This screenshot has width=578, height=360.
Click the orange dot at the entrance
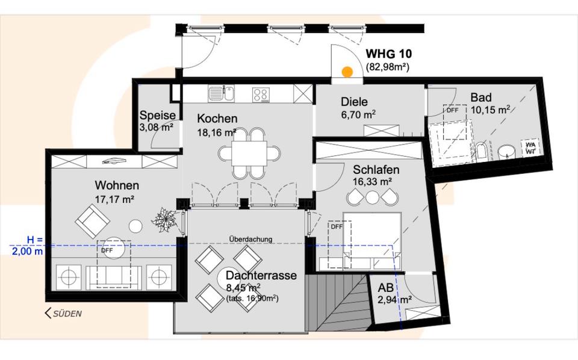[x=347, y=72]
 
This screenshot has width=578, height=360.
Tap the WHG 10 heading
[x=389, y=54]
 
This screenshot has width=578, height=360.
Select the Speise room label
[x=157, y=115]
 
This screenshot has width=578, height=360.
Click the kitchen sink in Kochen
[x=223, y=93]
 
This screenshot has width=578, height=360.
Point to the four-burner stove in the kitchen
[x=261, y=94]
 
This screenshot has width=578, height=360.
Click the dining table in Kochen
[x=250, y=154]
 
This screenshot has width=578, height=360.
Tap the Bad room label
[x=481, y=98]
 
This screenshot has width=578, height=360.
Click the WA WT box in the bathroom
[x=530, y=148]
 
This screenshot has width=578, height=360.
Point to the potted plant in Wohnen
[x=164, y=220]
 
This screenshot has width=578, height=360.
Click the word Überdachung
[x=250, y=239]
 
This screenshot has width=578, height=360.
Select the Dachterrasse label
[x=261, y=275]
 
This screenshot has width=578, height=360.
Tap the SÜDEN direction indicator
[x=63, y=313]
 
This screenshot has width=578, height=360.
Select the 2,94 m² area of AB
[x=395, y=299]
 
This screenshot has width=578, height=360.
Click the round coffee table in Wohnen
[x=136, y=226]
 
